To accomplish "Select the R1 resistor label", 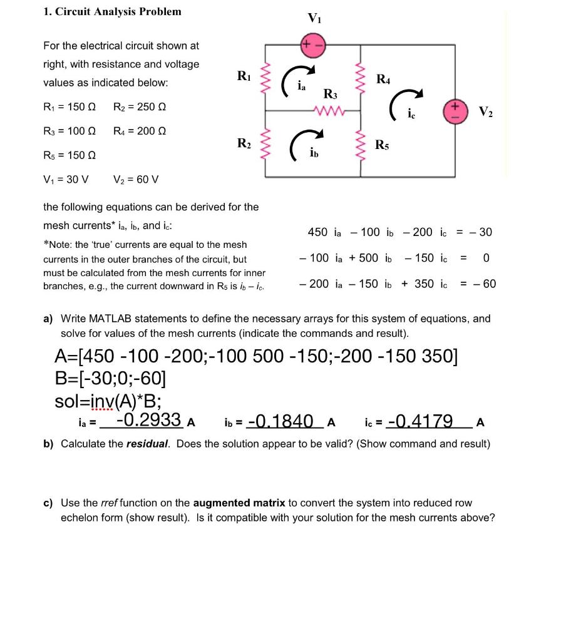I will (x=244, y=76).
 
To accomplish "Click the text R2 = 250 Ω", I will (x=140, y=106).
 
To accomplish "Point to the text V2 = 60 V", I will (x=136, y=180).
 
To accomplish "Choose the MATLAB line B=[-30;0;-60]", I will (x=110, y=378).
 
